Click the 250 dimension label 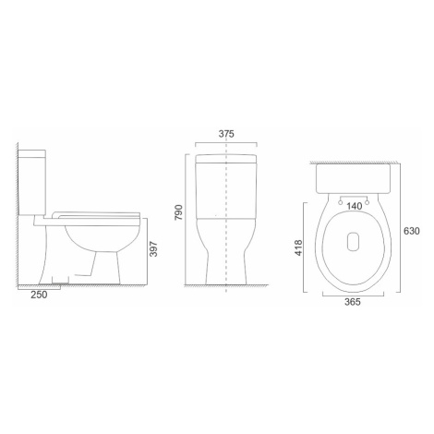pyautogui.click(x=40, y=295)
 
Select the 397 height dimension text pyautogui.click(x=153, y=249)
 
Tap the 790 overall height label pyautogui.click(x=178, y=212)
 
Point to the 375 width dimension pyautogui.click(x=226, y=134)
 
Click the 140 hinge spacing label pyautogui.click(x=355, y=206)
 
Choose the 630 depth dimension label pyautogui.click(x=412, y=231)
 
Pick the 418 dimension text pyautogui.click(x=298, y=247)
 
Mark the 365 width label pyautogui.click(x=352, y=302)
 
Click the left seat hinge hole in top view pyautogui.click(x=341, y=202)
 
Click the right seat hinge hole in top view pyautogui.click(x=368, y=202)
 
